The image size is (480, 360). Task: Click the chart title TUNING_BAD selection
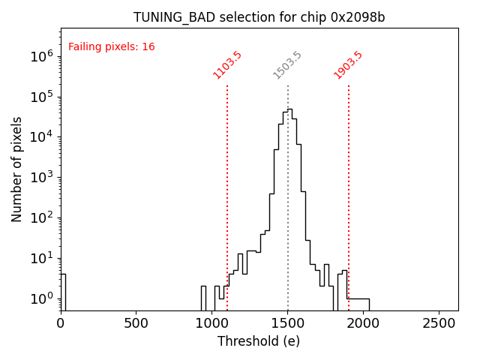259,17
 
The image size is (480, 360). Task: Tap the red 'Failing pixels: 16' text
111,47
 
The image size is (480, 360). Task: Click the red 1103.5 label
227,65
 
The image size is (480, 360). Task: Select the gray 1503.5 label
287,65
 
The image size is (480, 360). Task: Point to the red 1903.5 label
348,65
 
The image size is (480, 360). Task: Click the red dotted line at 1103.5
227,187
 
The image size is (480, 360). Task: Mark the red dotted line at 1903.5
349,187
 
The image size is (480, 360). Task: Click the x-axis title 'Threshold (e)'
259,341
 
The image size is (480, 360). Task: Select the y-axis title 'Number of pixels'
17,169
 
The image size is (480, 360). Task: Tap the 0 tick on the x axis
61,322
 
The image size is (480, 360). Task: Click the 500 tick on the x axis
136,322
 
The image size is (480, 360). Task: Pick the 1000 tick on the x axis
211,322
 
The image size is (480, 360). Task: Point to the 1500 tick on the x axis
287,322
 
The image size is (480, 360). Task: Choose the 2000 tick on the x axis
363,322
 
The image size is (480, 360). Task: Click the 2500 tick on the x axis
439,322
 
